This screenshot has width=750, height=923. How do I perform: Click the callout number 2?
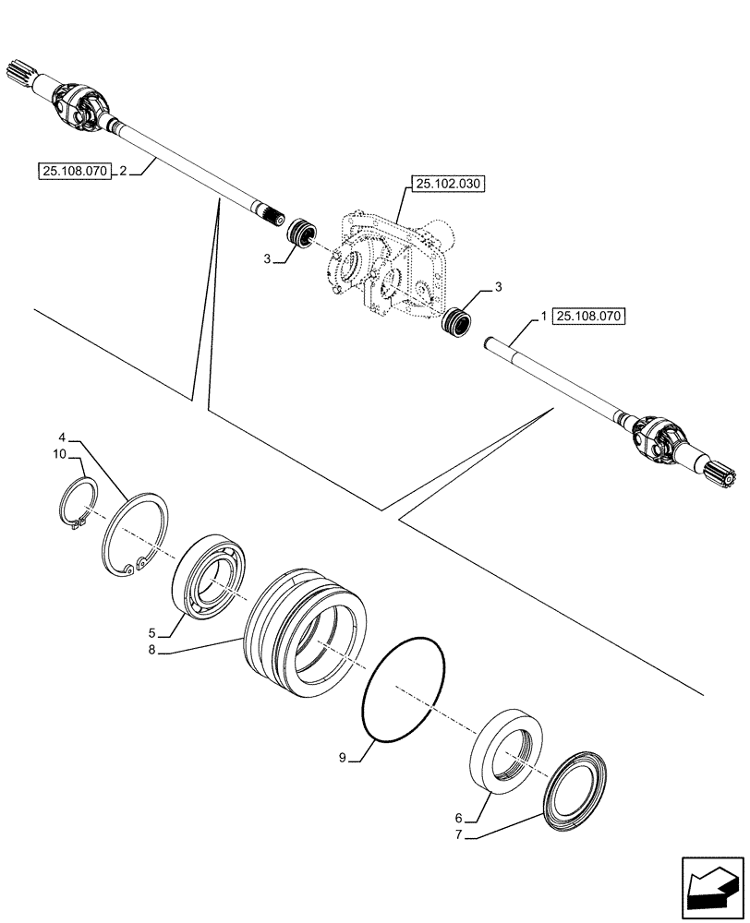pos(122,171)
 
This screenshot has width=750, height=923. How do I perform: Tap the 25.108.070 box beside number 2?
pos(75,171)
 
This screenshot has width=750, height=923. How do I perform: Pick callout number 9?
pos(342,758)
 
